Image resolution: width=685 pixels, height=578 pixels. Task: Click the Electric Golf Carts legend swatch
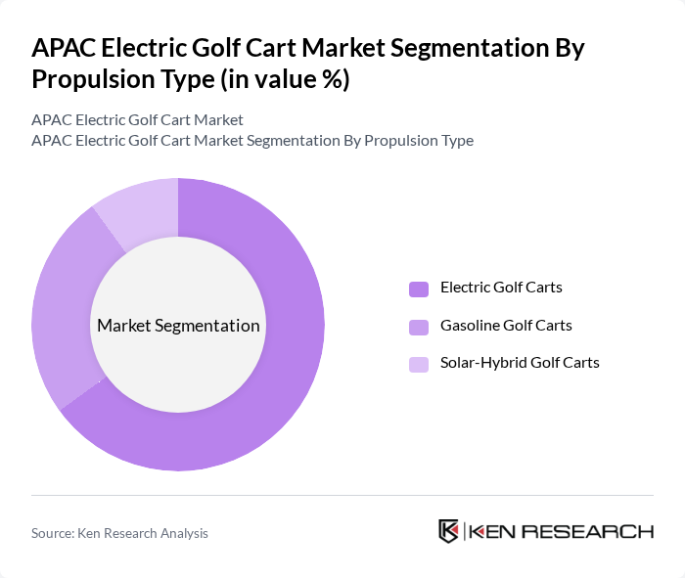419,289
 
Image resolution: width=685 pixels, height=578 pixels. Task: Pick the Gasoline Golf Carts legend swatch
419,326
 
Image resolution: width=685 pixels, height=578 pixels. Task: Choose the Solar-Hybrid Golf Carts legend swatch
419,364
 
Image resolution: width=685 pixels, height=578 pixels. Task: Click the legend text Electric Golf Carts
501,288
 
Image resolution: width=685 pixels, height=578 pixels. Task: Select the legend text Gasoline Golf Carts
506,325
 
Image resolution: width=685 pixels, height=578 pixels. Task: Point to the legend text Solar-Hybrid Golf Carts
520,363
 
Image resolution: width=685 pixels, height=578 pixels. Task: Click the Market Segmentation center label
178,326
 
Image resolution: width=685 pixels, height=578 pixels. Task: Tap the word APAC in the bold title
63,49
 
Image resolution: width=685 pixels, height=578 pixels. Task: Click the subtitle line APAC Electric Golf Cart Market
137,120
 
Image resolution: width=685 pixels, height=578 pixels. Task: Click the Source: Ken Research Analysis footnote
119,533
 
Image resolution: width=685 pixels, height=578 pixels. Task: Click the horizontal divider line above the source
342,495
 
